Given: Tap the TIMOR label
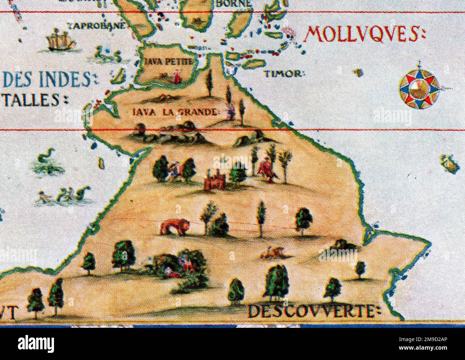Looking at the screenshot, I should (x=284, y=74).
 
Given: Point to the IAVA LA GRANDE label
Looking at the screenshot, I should (x=175, y=112).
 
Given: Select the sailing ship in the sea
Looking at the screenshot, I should (x=61, y=40).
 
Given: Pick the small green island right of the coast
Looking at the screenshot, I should (x=450, y=163).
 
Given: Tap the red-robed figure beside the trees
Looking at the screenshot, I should (x=265, y=169).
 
